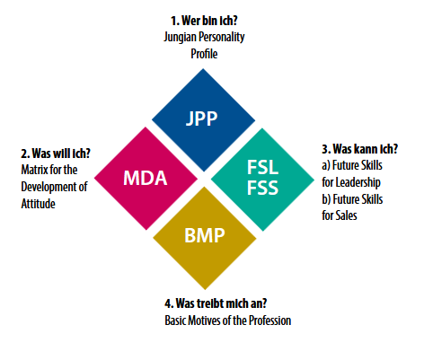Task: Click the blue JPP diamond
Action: click(203, 120)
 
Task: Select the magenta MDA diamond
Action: click(146, 179)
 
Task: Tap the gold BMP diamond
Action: click(205, 238)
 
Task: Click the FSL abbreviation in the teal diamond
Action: click(262, 167)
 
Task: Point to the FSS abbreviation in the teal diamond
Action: click(262, 188)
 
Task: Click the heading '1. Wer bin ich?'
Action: click(204, 21)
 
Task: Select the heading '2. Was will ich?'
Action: click(56, 154)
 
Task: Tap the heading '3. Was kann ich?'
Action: click(360, 149)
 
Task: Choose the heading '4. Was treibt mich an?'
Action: click(216, 303)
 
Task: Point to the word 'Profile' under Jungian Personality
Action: click(204, 54)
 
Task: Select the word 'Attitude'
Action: click(38, 204)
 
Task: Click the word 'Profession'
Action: click(270, 320)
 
